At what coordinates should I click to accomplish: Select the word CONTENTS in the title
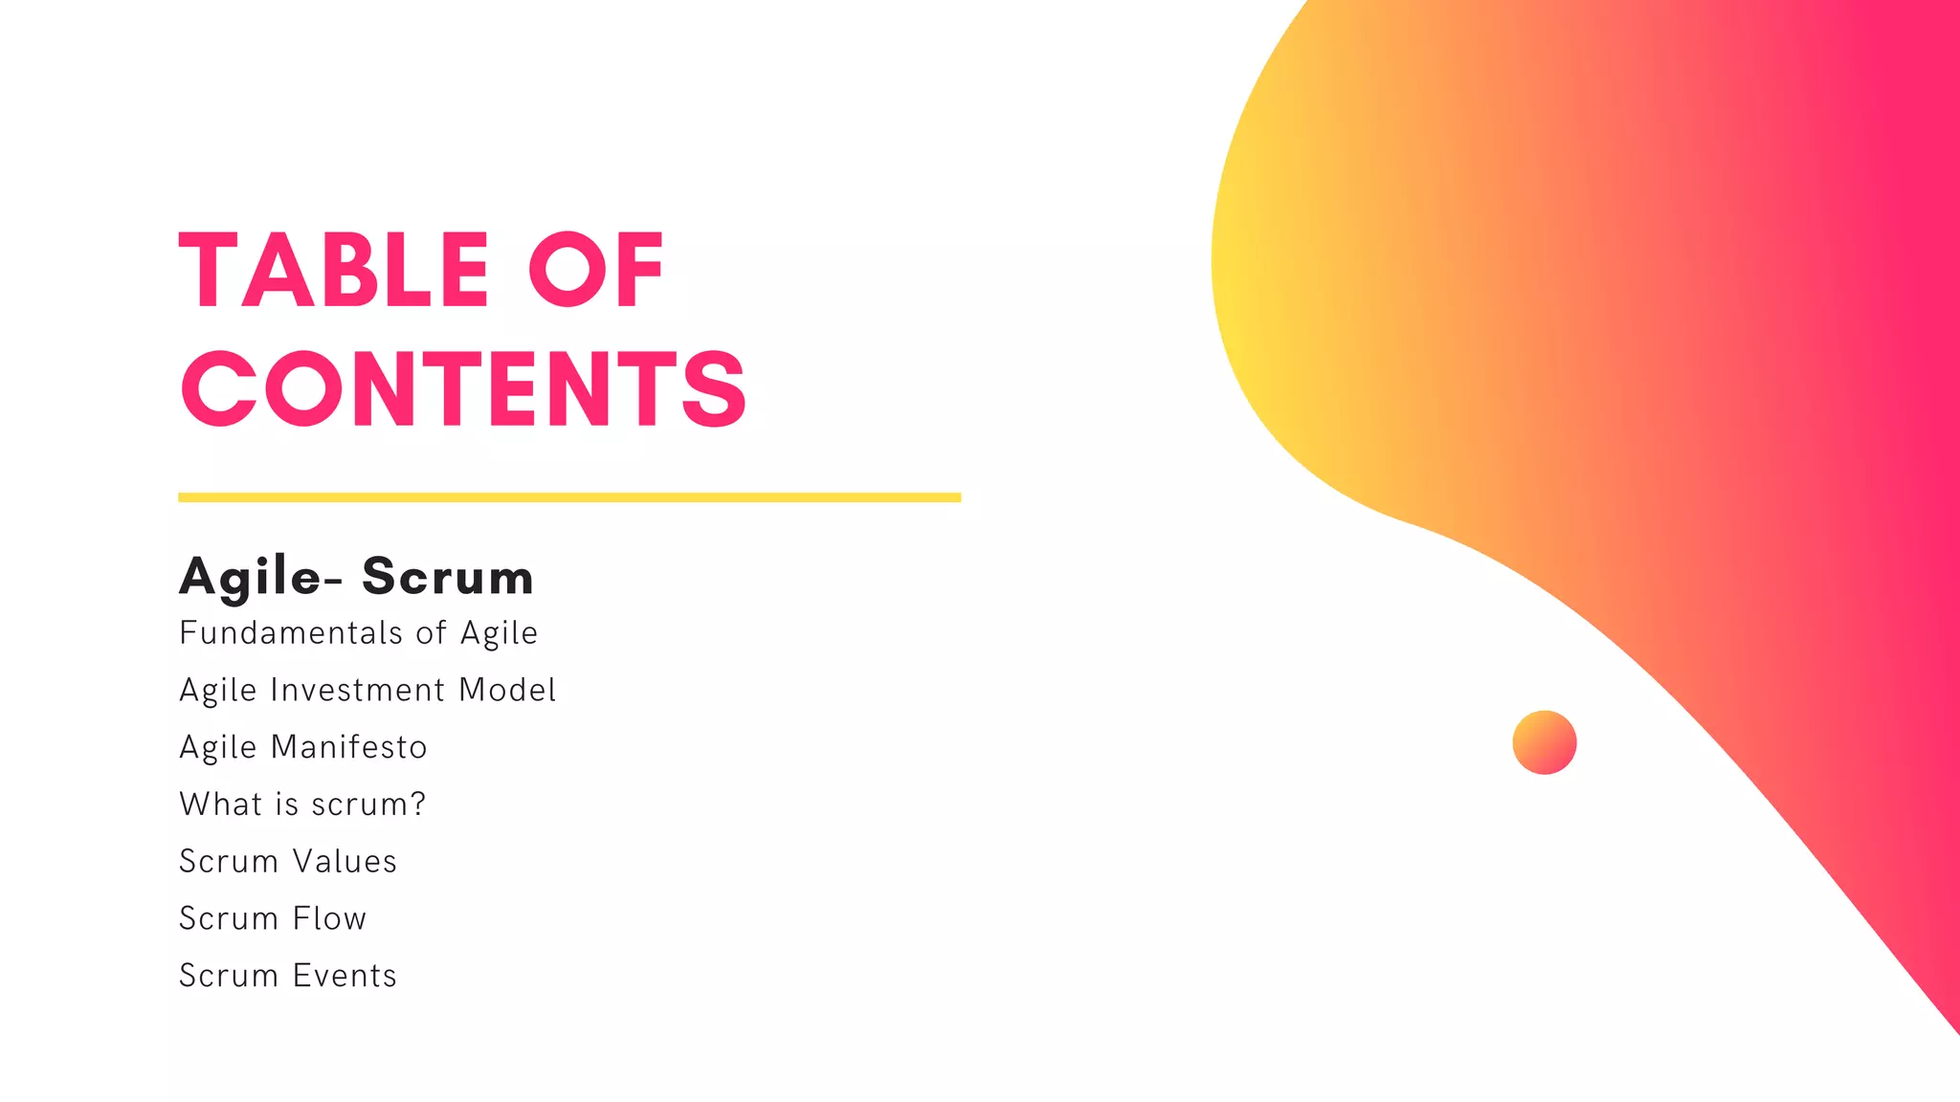[463, 388]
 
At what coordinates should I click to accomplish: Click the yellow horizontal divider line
[569, 497]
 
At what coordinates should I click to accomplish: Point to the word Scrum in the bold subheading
[448, 577]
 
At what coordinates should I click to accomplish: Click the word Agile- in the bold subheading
[260, 578]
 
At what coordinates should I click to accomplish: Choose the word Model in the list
[507, 691]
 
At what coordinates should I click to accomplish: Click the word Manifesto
[348, 747]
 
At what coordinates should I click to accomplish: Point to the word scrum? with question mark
[368, 804]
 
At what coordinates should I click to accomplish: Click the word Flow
[329, 918]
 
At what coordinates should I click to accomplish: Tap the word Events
[345, 976]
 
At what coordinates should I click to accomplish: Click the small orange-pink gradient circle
[1544, 742]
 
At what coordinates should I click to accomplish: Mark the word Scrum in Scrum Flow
[228, 918]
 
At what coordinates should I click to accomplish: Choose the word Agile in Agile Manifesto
[218, 748]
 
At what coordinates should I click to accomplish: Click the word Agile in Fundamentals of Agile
[499, 634]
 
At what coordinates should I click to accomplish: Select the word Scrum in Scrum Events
[228, 976]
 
